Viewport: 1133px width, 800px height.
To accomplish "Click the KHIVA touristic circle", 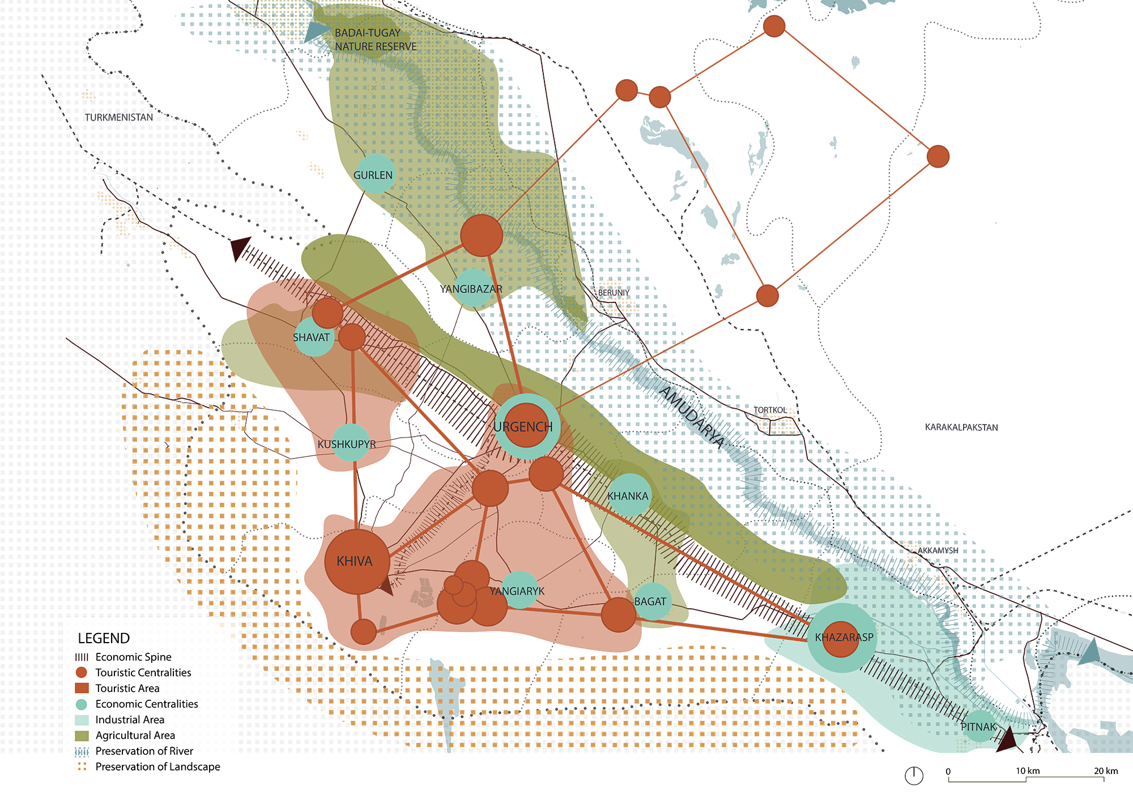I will click(356, 561).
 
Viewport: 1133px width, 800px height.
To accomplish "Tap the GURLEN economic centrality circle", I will click(374, 174).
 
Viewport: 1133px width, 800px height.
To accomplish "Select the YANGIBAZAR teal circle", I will click(472, 288).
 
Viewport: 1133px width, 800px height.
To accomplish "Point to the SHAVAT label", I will click(311, 337).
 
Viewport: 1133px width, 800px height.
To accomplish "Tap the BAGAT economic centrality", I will click(652, 601).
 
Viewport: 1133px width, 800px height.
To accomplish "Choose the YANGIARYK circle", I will click(519, 591).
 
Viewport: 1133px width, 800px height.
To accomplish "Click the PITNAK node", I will click(979, 726).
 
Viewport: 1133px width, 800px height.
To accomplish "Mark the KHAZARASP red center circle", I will click(841, 639).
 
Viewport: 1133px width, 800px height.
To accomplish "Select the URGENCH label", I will click(523, 427).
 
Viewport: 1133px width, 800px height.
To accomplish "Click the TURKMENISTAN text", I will click(119, 117).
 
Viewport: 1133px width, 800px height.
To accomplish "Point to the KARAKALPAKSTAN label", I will click(961, 427).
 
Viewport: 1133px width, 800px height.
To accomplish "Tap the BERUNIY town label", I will click(614, 293).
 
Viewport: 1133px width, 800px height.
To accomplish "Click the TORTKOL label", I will click(770, 410).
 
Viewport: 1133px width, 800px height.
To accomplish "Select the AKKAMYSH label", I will click(938, 550).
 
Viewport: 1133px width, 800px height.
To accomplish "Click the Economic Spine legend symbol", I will click(82, 657).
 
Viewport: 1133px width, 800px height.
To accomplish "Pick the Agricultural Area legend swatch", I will click(82, 735).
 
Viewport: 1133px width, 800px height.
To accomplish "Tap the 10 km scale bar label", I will click(1027, 771).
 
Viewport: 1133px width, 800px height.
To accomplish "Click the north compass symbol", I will click(914, 776).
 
